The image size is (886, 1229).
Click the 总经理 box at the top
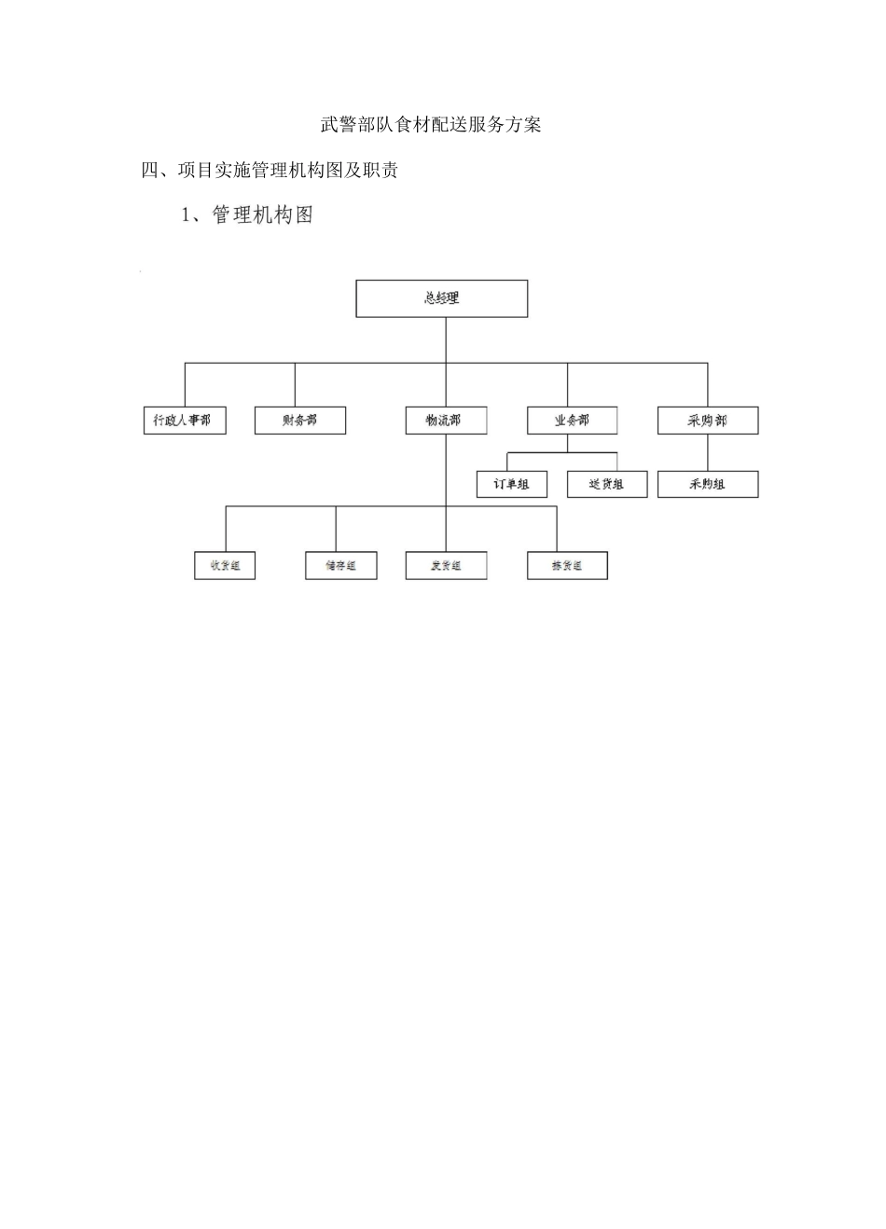click(x=441, y=298)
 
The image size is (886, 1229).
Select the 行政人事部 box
click(x=184, y=421)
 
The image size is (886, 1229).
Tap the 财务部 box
click(x=299, y=421)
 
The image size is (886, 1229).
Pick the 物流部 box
click(x=446, y=421)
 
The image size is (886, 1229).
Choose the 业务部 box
click(x=571, y=421)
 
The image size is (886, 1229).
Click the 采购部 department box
click(x=707, y=421)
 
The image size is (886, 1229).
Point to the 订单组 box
click(x=511, y=484)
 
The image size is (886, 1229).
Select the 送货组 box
click(x=606, y=484)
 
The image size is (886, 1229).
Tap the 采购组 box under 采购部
click(x=707, y=484)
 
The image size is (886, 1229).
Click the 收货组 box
click(x=225, y=565)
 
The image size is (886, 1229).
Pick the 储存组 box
click(x=340, y=565)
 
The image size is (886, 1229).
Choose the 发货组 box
click(x=446, y=565)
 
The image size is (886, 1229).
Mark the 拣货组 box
click(x=567, y=565)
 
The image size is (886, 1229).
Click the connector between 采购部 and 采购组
click(x=707, y=452)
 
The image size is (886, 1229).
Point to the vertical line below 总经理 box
click(x=446, y=339)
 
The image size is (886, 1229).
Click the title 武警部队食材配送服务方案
click(x=430, y=125)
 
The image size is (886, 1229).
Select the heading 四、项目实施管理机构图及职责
click(x=270, y=171)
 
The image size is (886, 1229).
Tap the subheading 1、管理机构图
click(x=247, y=215)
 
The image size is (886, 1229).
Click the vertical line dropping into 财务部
click(x=295, y=384)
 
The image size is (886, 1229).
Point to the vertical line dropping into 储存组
click(x=336, y=529)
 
